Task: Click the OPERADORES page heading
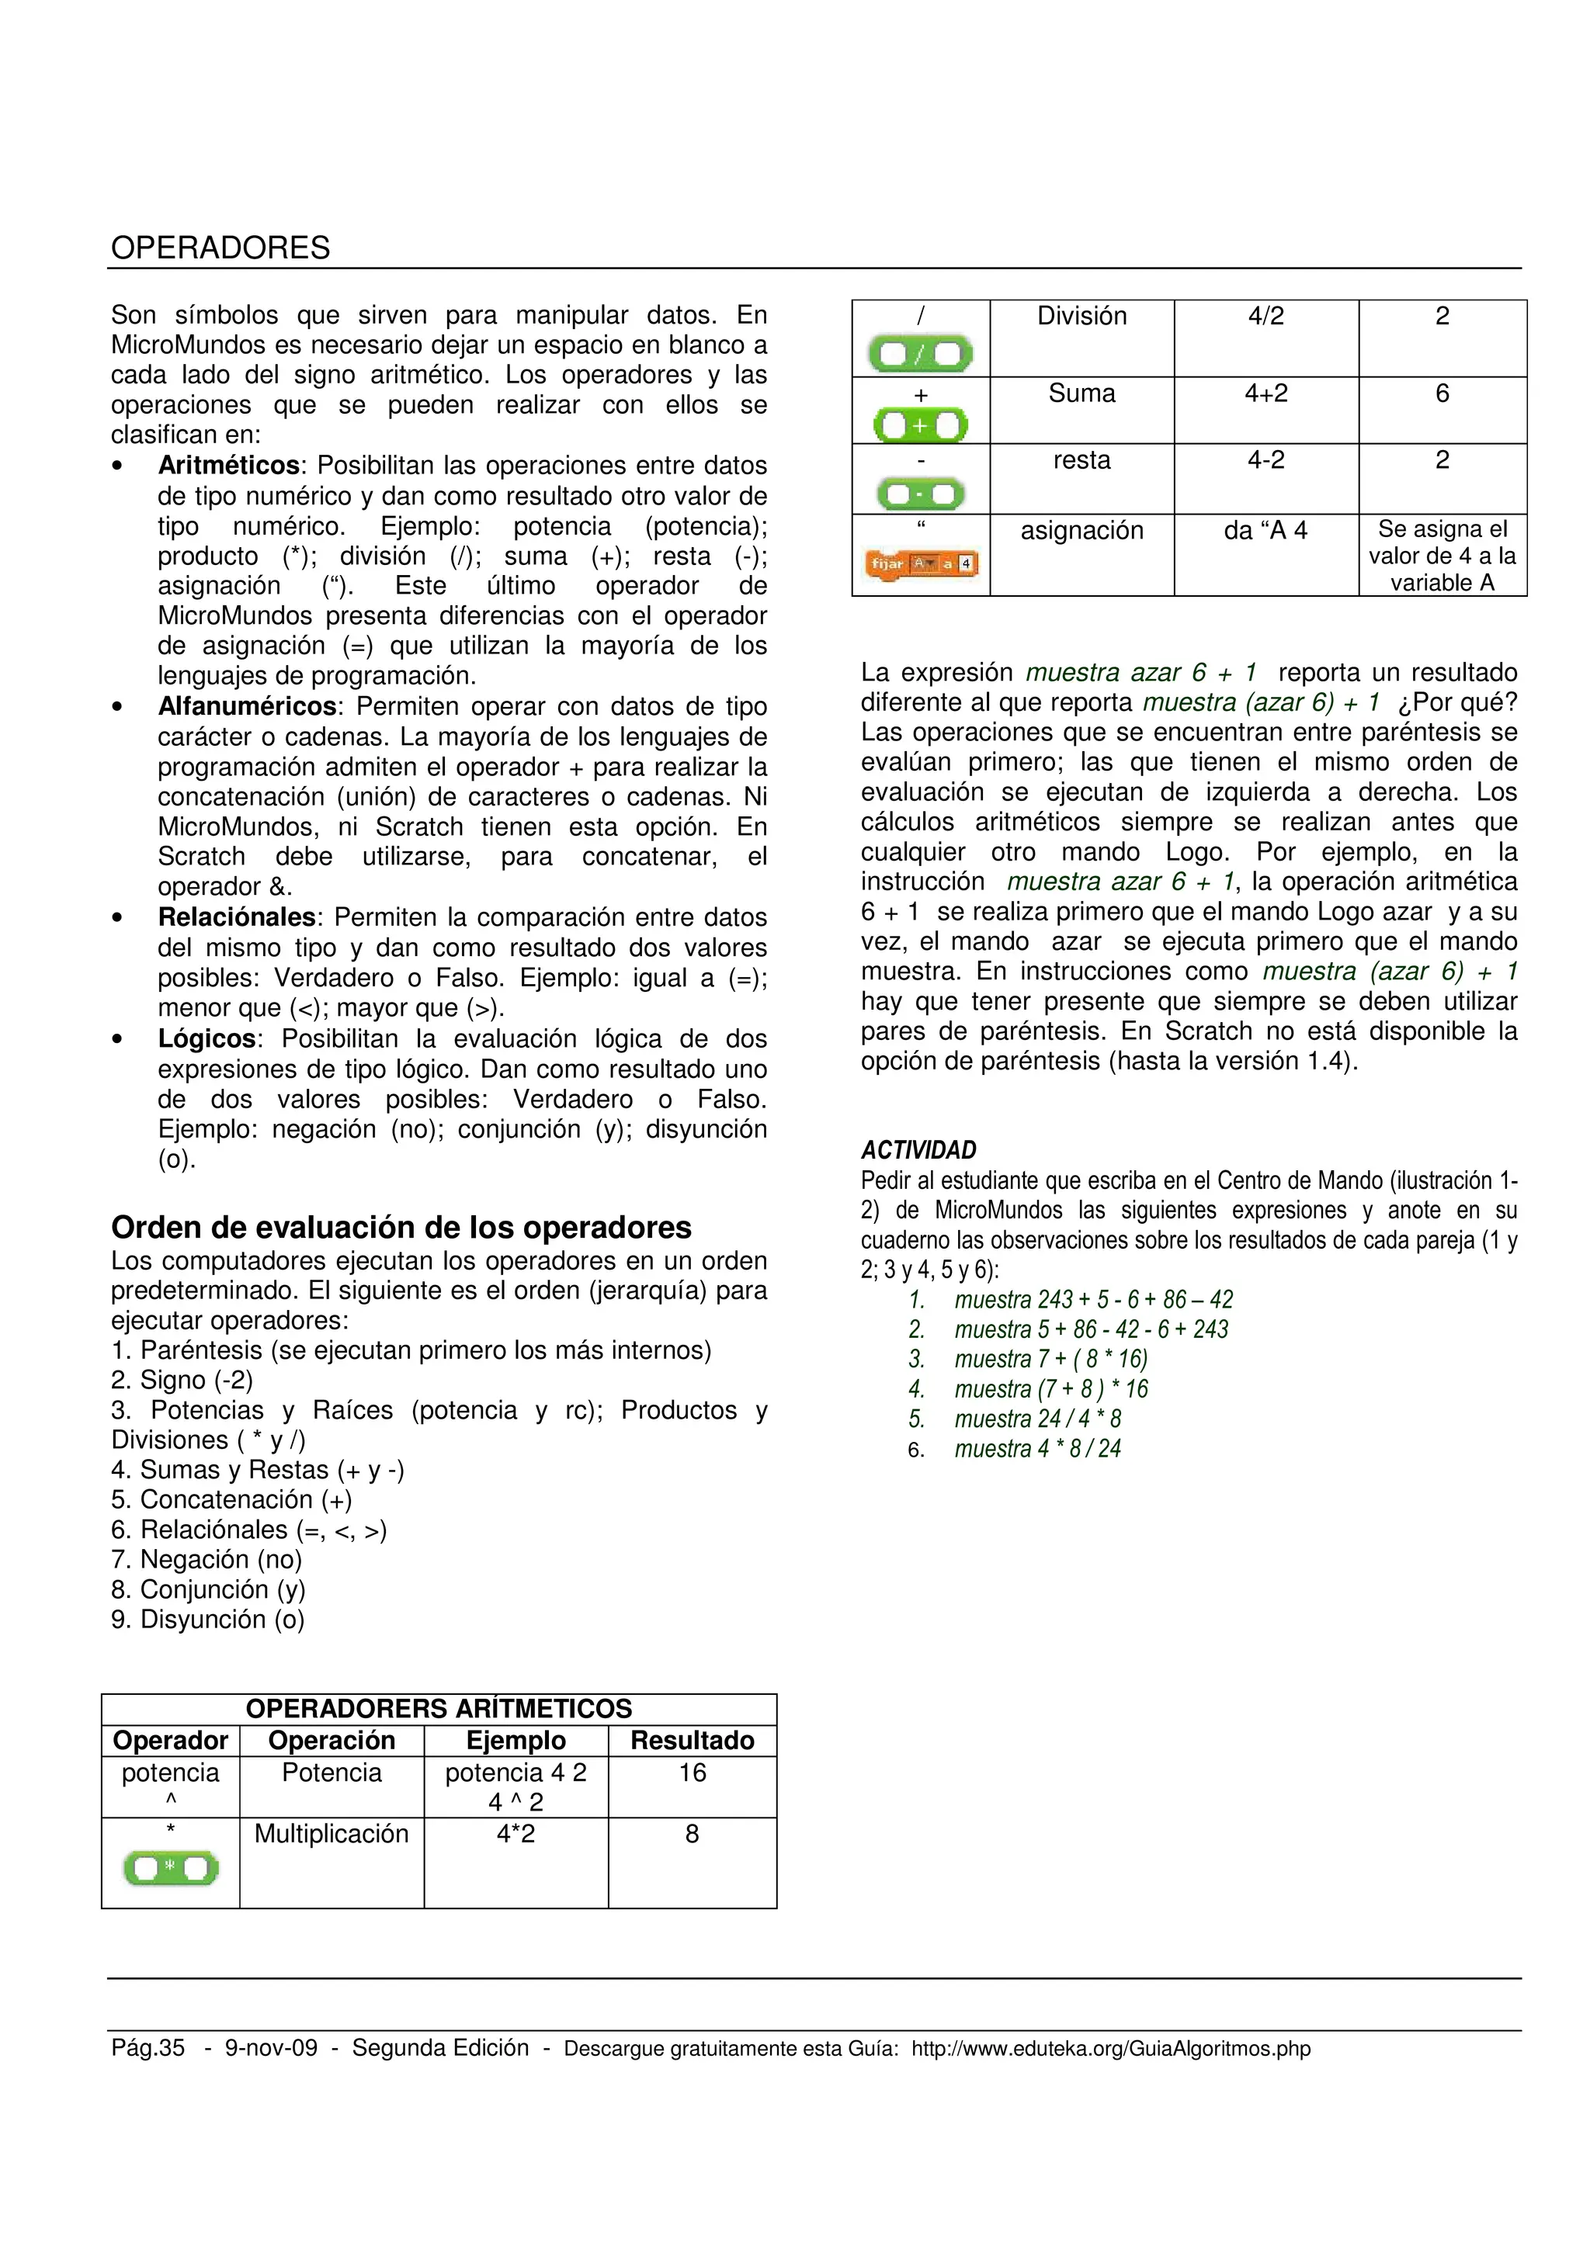(220, 248)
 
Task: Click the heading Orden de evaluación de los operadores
(401, 1228)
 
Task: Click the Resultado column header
(692, 1741)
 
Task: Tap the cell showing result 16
(692, 1773)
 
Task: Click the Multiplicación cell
(332, 1834)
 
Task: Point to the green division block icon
(920, 355)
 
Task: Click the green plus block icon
(920, 426)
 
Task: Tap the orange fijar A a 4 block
(920, 564)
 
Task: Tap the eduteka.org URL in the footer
(1110, 2048)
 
